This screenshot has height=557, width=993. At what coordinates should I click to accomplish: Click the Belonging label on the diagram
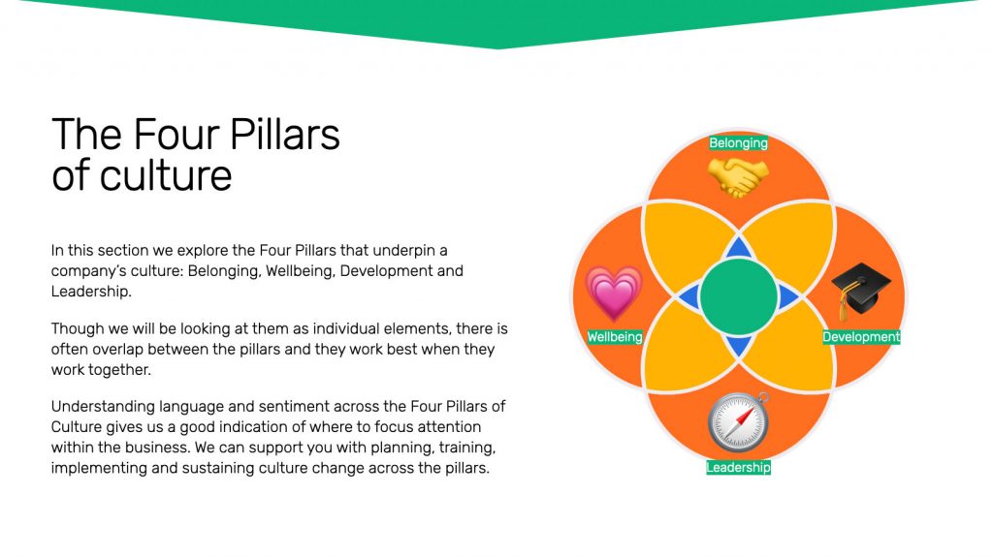[738, 143]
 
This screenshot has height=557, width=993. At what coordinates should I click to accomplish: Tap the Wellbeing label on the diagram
[614, 337]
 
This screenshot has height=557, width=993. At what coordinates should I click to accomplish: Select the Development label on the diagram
[861, 337]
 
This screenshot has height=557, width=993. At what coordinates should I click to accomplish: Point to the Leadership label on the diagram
[738, 467]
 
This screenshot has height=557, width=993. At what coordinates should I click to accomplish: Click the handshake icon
[738, 176]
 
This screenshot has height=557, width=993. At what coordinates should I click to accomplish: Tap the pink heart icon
[614, 294]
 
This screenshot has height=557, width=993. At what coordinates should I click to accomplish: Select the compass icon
[738, 422]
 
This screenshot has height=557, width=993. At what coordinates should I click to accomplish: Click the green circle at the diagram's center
[738, 296]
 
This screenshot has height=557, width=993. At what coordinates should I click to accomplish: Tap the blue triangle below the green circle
[738, 346]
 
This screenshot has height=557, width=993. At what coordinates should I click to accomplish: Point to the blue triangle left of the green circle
[689, 296]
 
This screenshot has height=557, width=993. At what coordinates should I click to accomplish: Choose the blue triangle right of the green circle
[787, 296]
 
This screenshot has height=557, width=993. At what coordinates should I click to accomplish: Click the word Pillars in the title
[284, 135]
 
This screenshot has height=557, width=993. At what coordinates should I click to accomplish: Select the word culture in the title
[166, 175]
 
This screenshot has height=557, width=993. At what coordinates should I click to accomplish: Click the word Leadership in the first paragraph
[90, 292]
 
